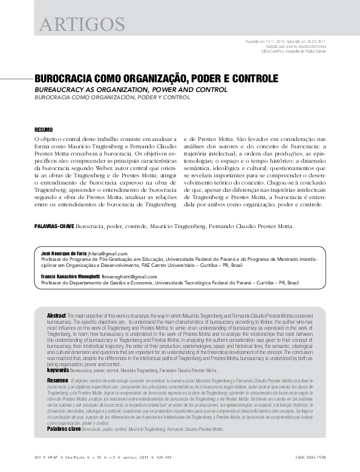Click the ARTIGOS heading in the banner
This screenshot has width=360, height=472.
pos(81,24)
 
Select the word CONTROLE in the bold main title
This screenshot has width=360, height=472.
pos(254,79)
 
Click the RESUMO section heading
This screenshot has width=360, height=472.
pos(44,130)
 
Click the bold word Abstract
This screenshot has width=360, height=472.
pos(56,316)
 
